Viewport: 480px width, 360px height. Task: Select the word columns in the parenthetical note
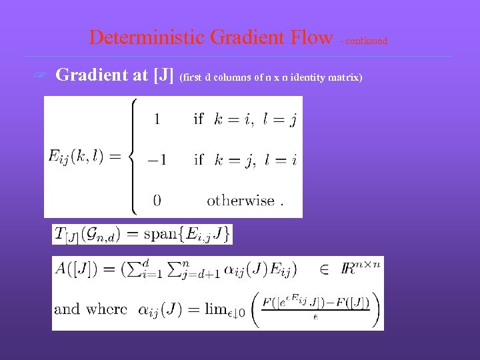pyautogui.click(x=233, y=78)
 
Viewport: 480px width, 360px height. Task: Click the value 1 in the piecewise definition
pyautogui.click(x=157, y=119)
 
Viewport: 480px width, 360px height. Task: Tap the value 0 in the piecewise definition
pyautogui.click(x=157, y=200)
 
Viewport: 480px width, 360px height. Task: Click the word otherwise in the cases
pyautogui.click(x=241, y=200)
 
